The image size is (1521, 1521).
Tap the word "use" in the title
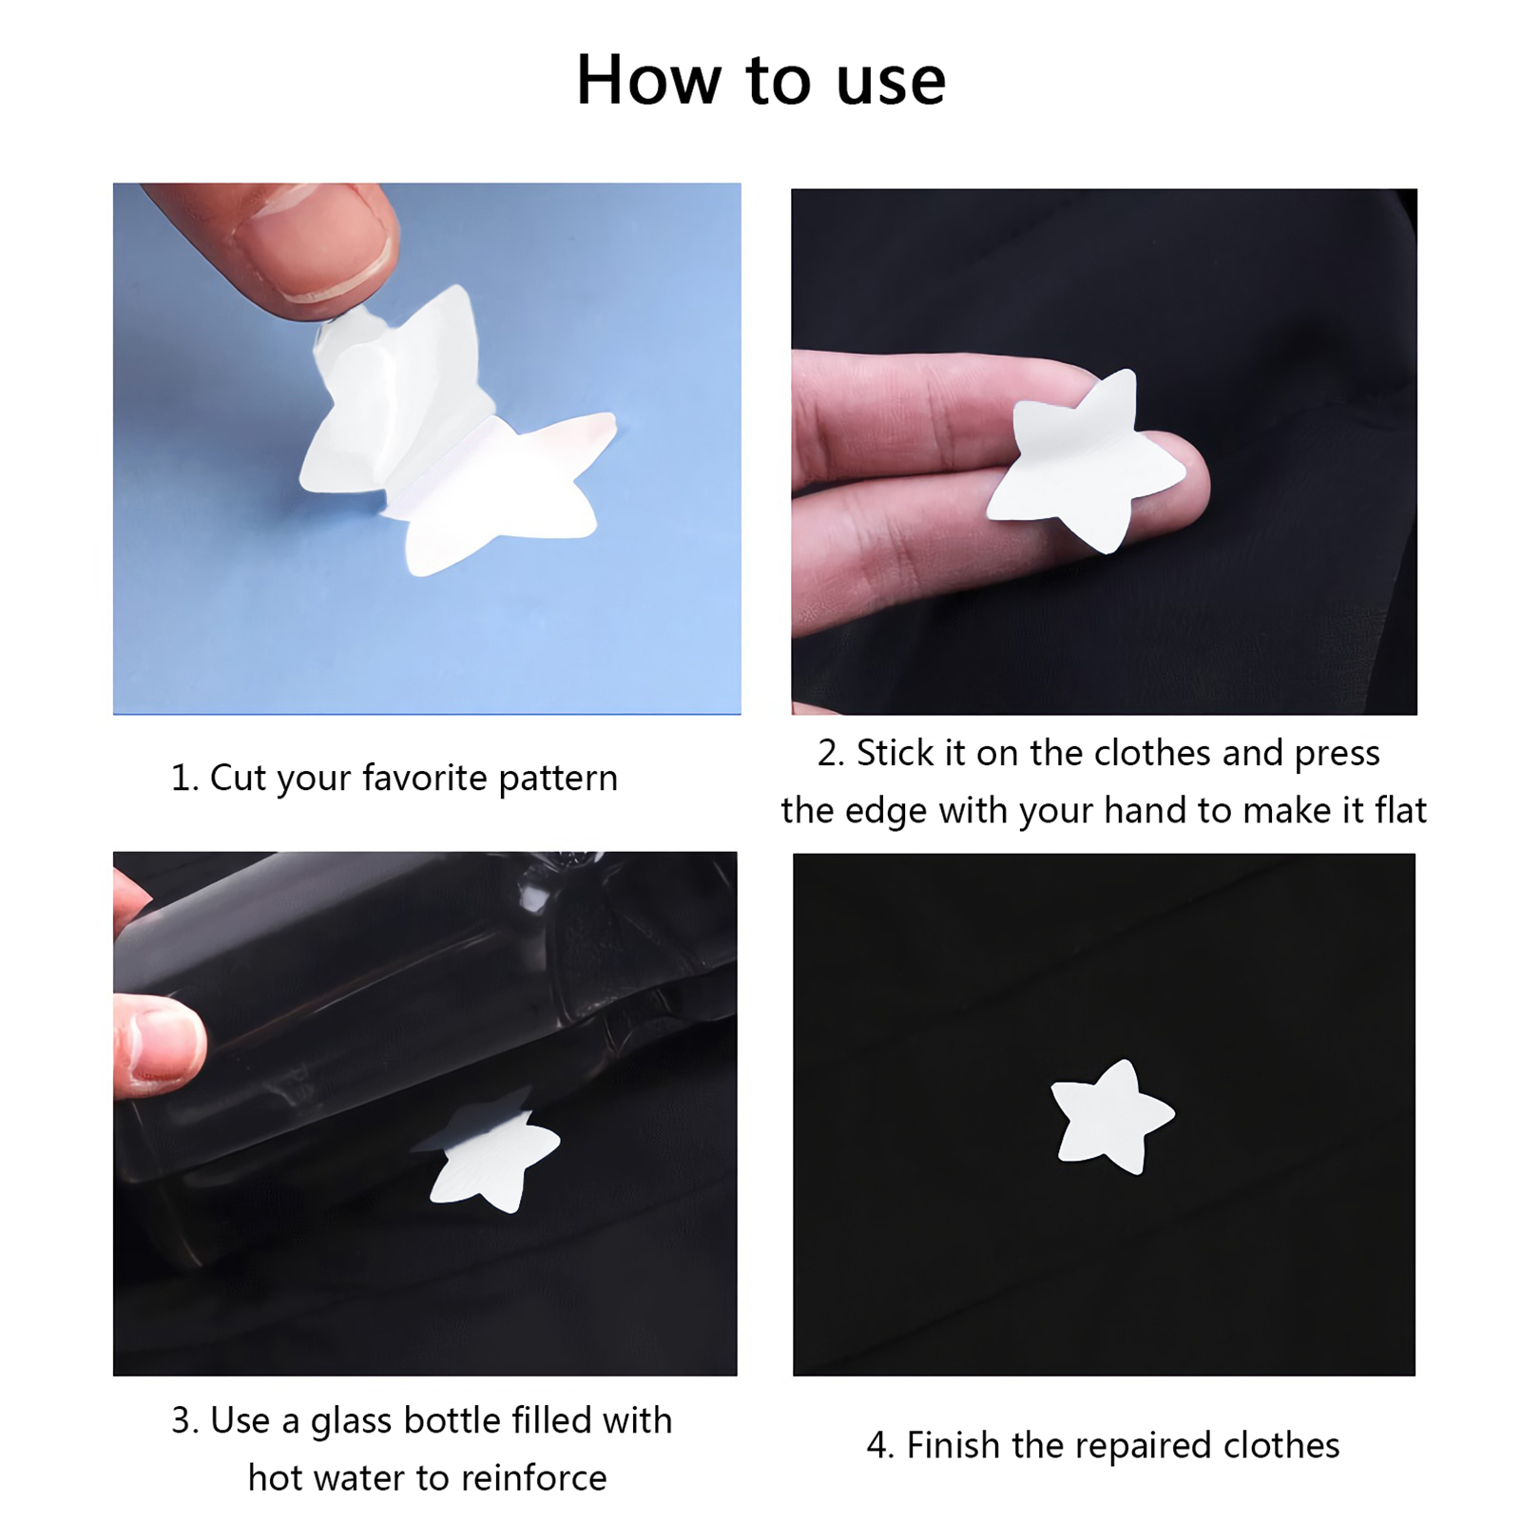click(x=891, y=85)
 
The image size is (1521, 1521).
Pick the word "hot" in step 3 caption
click(x=273, y=1478)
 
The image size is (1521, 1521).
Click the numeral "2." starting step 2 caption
click(x=831, y=753)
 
